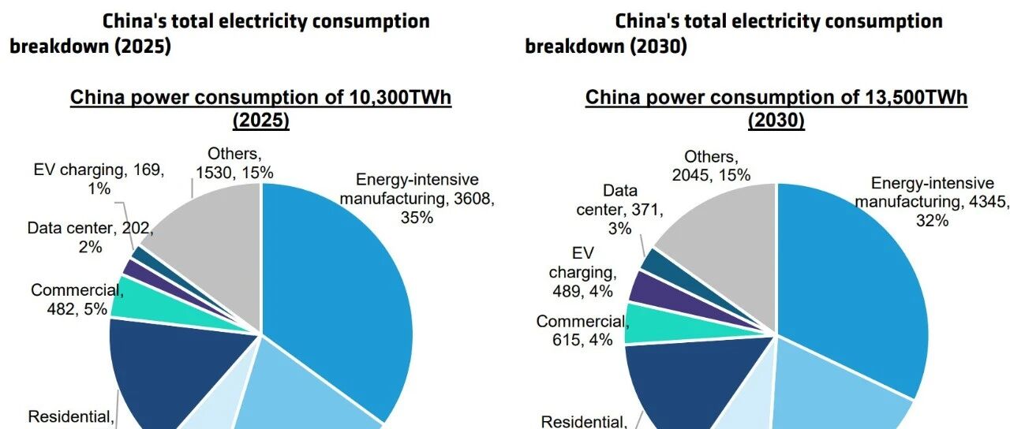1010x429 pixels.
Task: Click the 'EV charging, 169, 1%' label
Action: (99, 179)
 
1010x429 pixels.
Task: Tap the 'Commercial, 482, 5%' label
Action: (77, 299)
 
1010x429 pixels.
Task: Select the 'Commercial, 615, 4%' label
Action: (582, 331)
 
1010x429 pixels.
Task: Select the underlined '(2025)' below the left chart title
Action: (261, 121)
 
